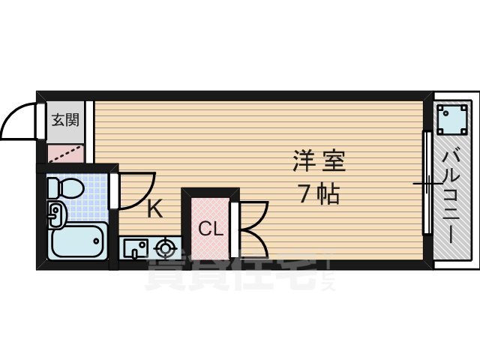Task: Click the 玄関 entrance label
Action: tap(65, 119)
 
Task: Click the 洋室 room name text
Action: tap(319, 162)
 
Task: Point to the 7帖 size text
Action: tap(319, 195)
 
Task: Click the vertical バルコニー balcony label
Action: tap(451, 195)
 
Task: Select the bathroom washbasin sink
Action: tap(55, 215)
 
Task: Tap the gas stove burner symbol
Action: tap(164, 247)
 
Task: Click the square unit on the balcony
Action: tap(452, 118)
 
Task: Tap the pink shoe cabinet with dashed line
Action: tap(66, 154)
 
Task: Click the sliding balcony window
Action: tap(426, 195)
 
